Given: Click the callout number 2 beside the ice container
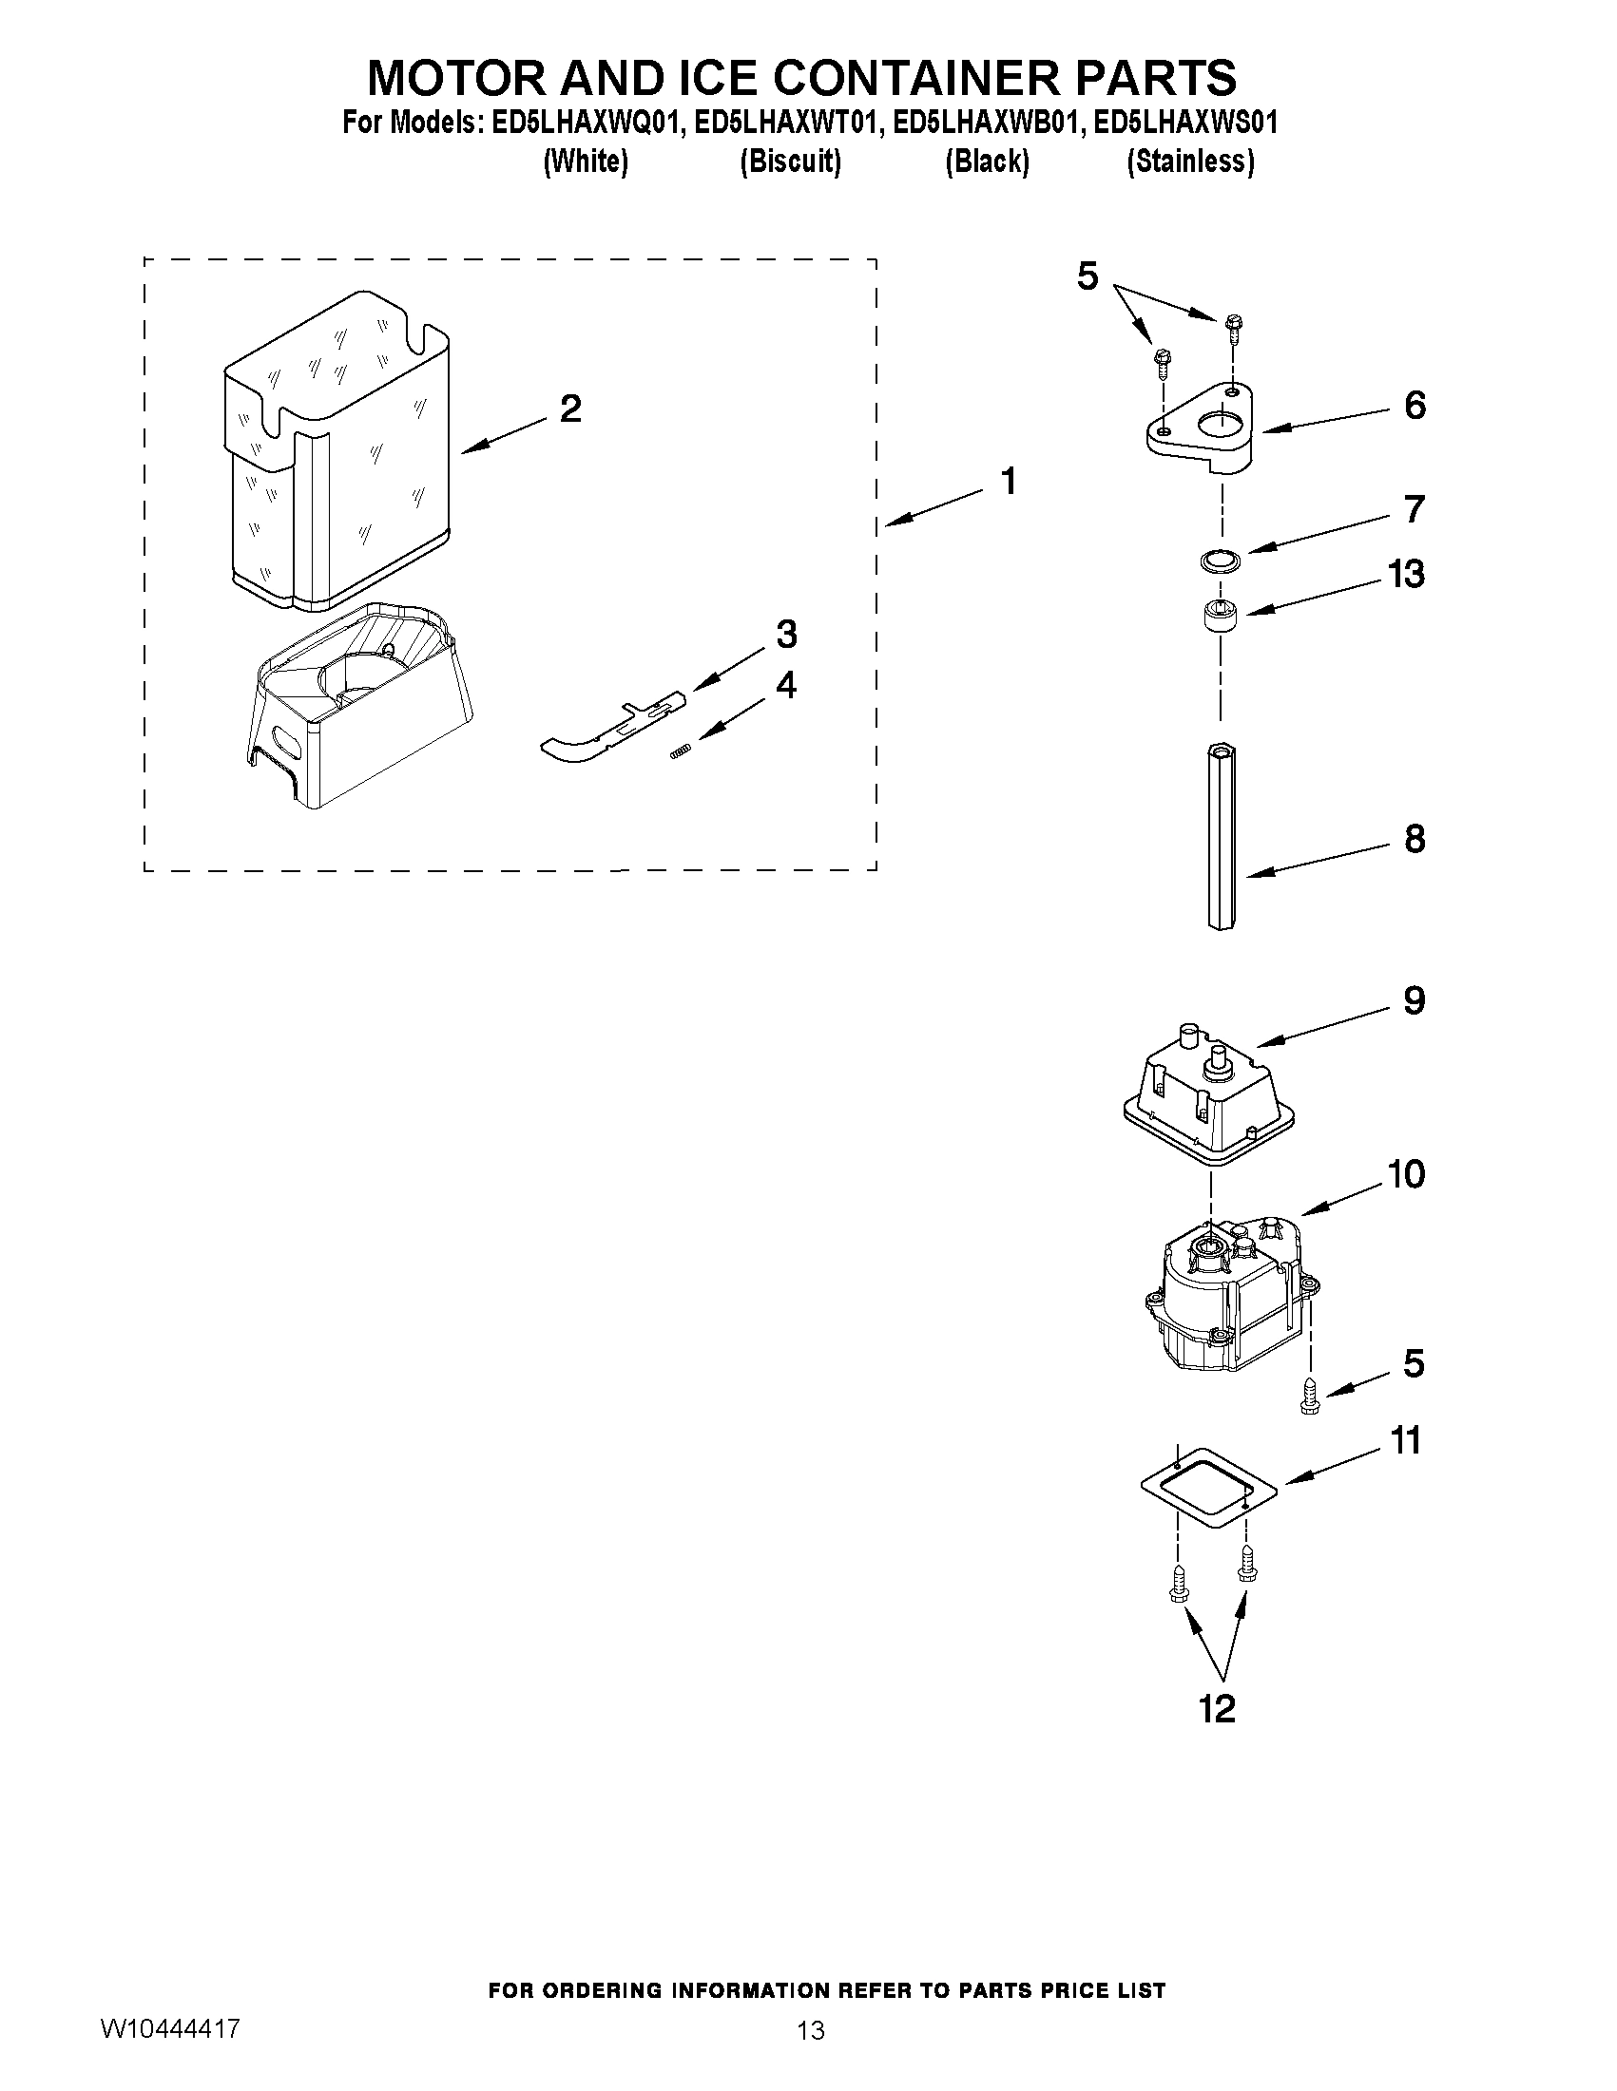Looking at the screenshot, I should (x=570, y=409).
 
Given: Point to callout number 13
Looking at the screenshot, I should (x=1405, y=575).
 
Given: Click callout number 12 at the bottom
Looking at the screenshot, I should (x=1218, y=1709).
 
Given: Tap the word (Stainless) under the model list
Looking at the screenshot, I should (x=1190, y=162).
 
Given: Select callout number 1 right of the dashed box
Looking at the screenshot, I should (x=1008, y=482).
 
